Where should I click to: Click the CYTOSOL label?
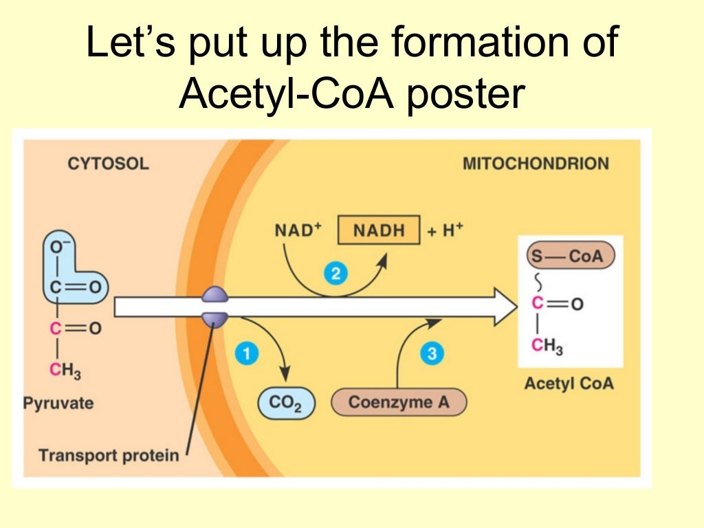[x=107, y=164]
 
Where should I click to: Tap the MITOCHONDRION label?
[x=536, y=164]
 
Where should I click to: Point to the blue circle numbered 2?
[x=335, y=274]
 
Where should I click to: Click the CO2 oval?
[x=286, y=403]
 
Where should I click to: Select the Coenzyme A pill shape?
[x=399, y=402]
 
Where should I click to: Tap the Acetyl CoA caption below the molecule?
[x=569, y=383]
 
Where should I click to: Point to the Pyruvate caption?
[x=58, y=402]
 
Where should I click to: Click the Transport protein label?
[x=109, y=455]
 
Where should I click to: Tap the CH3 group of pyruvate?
[x=65, y=372]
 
